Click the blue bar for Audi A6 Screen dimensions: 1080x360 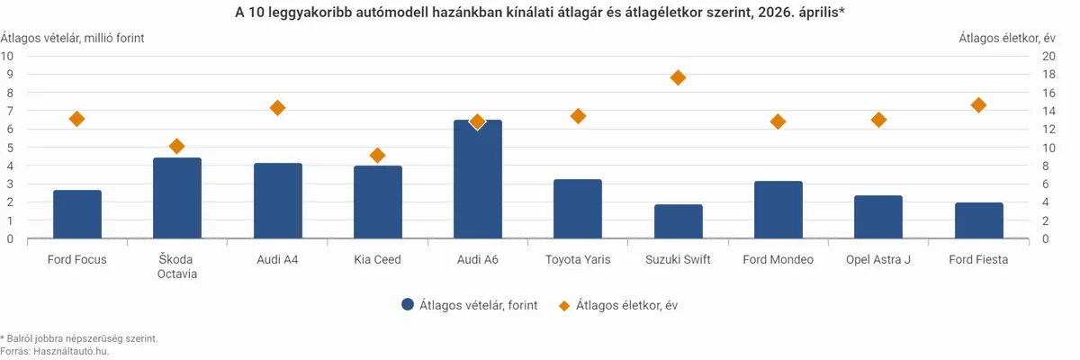(x=477, y=179)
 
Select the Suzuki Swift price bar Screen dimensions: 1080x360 (x=678, y=221)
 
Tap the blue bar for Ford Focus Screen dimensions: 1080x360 (x=77, y=214)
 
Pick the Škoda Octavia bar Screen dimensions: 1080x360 (x=177, y=198)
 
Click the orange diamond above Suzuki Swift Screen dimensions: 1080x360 (x=678, y=77)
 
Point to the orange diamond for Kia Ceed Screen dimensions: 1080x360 (x=377, y=155)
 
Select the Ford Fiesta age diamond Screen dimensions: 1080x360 (x=978, y=105)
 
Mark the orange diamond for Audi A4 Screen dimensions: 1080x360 (x=277, y=108)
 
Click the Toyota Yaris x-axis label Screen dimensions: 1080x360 (x=578, y=260)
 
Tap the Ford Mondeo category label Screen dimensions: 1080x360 (x=778, y=260)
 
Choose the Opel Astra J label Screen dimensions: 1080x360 (x=878, y=260)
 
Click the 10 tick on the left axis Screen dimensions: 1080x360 (x=7, y=57)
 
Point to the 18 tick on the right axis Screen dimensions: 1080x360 (x=1048, y=75)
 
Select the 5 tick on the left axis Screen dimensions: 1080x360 (x=10, y=148)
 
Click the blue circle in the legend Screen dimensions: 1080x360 (x=408, y=304)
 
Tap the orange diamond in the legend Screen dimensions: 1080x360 (x=563, y=305)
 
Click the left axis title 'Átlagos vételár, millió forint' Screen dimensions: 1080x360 (x=72, y=38)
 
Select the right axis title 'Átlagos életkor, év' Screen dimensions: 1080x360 (x=1007, y=38)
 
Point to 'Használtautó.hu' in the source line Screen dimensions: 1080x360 (x=71, y=351)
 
